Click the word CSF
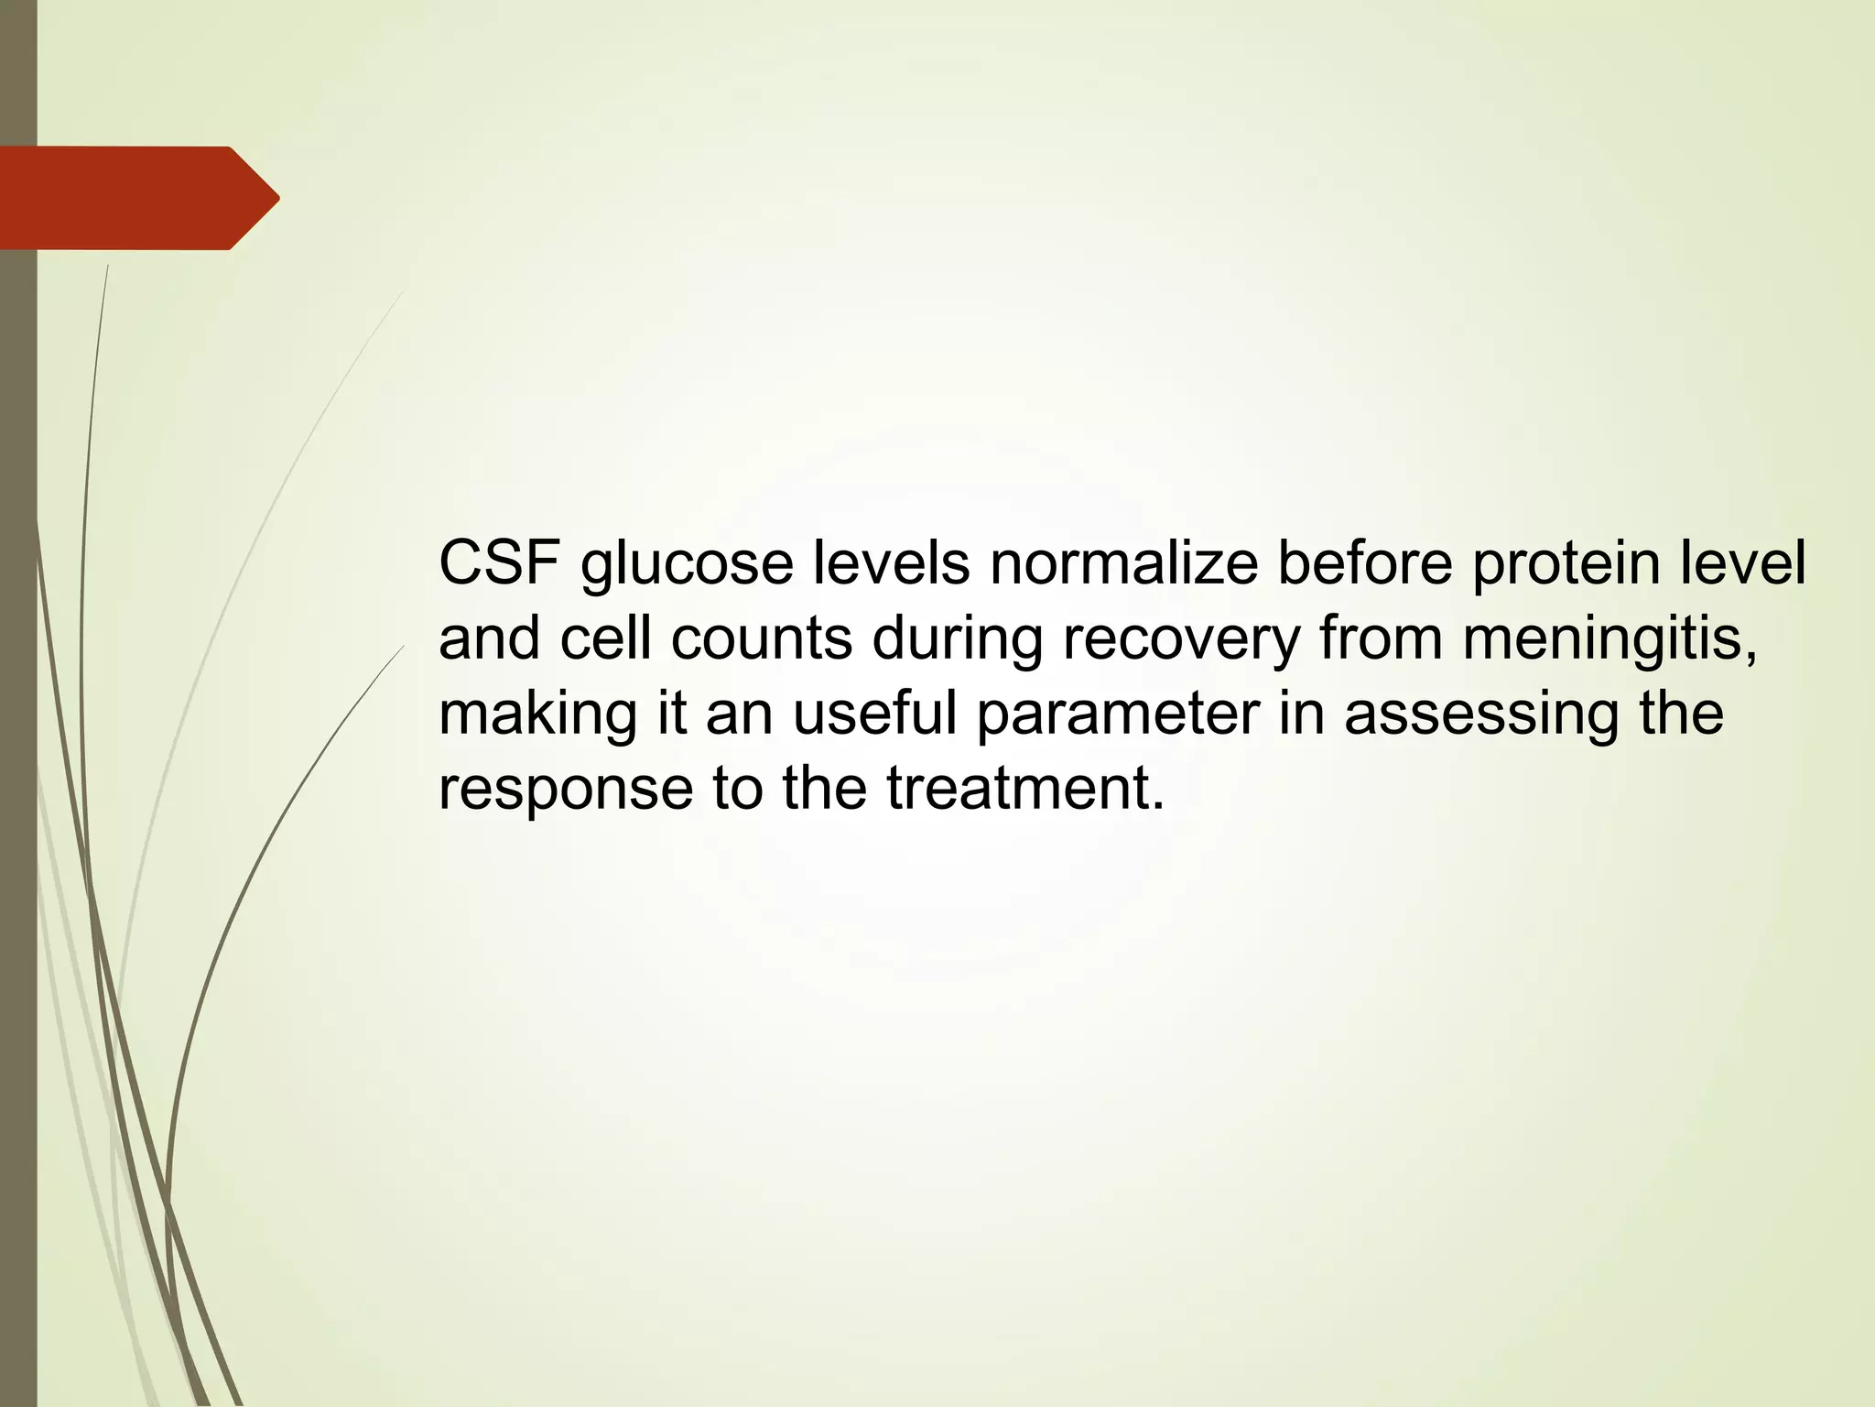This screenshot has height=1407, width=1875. pos(499,563)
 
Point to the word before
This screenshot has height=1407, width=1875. pos(1364,563)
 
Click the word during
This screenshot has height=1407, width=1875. pos(958,640)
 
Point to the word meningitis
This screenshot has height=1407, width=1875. pos(1609,640)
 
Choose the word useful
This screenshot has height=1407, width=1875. pos(874,714)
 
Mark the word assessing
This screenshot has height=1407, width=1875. pos(1482,715)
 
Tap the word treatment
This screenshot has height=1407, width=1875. pos(1025,789)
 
